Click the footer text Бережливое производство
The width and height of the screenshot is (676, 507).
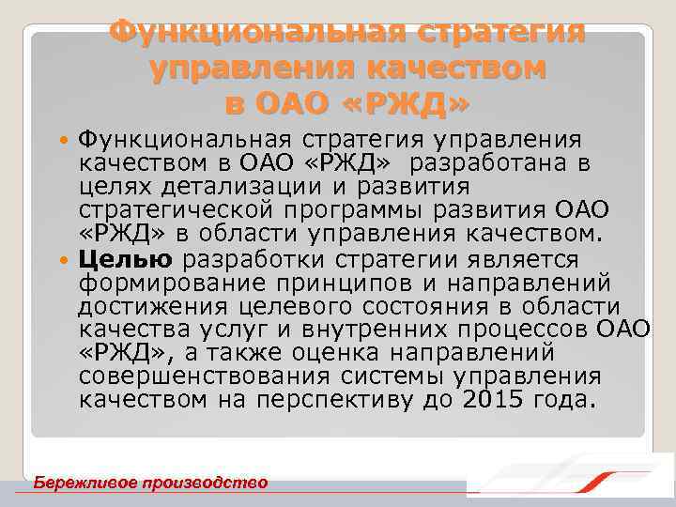[x=150, y=483]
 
